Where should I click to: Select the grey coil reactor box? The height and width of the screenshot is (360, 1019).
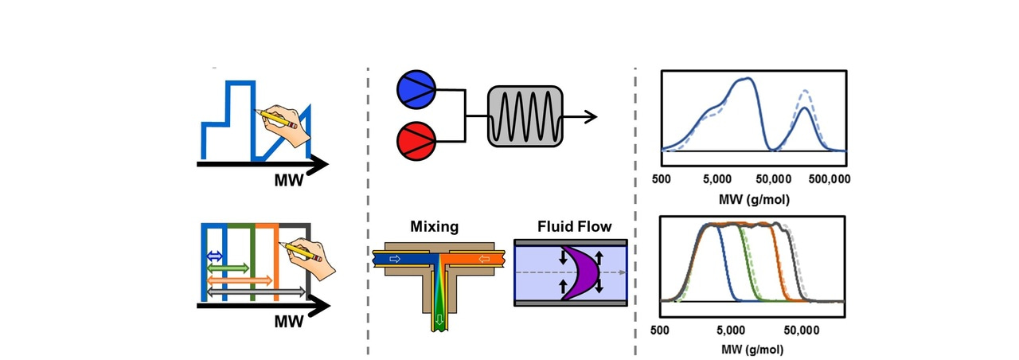[525, 115]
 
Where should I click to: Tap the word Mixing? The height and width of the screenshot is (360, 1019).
[434, 227]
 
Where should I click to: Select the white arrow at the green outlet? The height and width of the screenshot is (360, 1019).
[437, 321]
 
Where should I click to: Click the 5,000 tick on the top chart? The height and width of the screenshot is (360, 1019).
[716, 179]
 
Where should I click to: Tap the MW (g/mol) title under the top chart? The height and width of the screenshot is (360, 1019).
[752, 198]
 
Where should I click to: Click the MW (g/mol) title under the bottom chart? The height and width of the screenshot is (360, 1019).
[752, 349]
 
